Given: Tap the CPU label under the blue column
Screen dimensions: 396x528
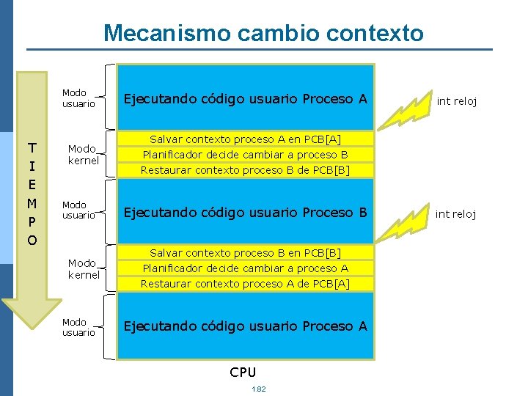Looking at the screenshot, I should (243, 372).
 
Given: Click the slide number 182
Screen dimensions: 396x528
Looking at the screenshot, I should (258, 389).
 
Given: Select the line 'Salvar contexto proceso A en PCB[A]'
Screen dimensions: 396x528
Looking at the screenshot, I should (246, 139).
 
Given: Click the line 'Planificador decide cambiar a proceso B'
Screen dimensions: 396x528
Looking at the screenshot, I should (246, 155).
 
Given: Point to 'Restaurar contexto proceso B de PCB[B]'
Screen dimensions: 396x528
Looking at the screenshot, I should (246, 170).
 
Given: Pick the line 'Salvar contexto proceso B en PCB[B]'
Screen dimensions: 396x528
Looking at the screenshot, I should (246, 253).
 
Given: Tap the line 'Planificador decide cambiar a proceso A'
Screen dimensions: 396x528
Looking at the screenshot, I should (246, 268).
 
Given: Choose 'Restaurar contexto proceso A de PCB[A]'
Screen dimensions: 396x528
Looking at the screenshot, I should (246, 284).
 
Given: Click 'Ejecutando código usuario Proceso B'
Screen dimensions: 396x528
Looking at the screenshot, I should (245, 213).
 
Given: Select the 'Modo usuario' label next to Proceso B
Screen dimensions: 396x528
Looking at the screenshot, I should (78, 210).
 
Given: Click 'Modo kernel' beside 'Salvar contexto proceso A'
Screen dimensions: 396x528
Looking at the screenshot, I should (83, 155).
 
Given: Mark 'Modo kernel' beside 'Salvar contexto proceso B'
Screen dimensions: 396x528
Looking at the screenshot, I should (83, 269).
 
